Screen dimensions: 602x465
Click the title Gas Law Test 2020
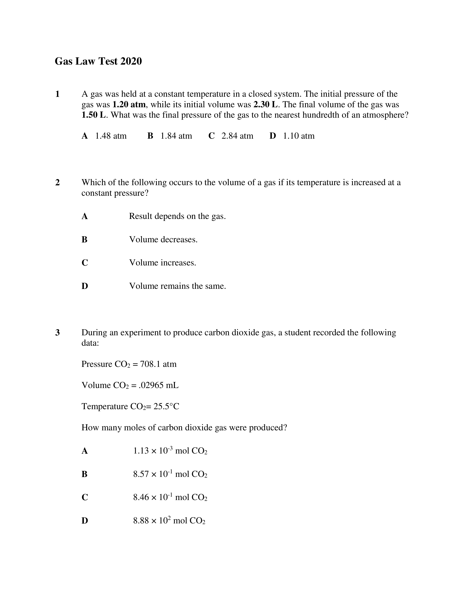[98, 61]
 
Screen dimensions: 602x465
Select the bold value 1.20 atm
[129, 105]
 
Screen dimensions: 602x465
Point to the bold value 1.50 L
[94, 115]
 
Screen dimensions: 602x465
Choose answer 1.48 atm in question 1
[111, 136]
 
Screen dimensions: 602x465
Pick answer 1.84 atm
[176, 136]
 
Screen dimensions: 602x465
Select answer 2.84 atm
[237, 136]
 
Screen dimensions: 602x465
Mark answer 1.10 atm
[299, 136]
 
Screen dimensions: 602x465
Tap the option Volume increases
[162, 263]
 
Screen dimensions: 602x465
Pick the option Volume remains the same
[177, 286]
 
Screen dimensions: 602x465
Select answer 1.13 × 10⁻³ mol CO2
[170, 451]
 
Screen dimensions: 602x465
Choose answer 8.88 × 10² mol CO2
[169, 521]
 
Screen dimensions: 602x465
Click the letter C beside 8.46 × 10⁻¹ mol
[85, 497]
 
